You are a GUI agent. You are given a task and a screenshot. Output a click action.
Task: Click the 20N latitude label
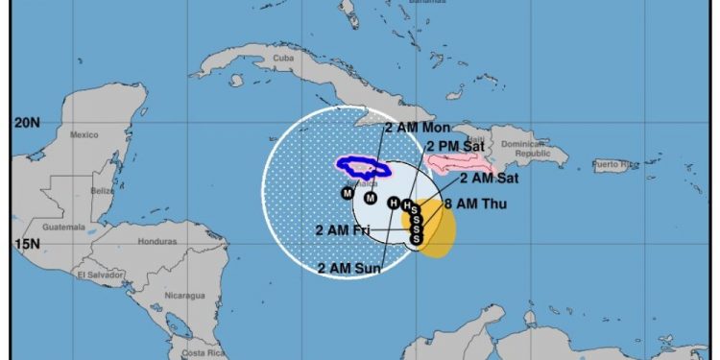(x=28, y=123)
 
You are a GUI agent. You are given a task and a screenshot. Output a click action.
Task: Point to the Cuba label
(x=283, y=58)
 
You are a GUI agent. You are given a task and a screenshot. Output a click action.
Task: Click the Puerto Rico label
(x=614, y=166)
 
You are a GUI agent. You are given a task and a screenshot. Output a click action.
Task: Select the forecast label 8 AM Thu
(x=476, y=204)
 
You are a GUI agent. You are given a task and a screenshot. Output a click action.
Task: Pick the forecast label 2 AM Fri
(x=343, y=229)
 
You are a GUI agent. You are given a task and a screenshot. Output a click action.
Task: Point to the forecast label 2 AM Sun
(x=350, y=268)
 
